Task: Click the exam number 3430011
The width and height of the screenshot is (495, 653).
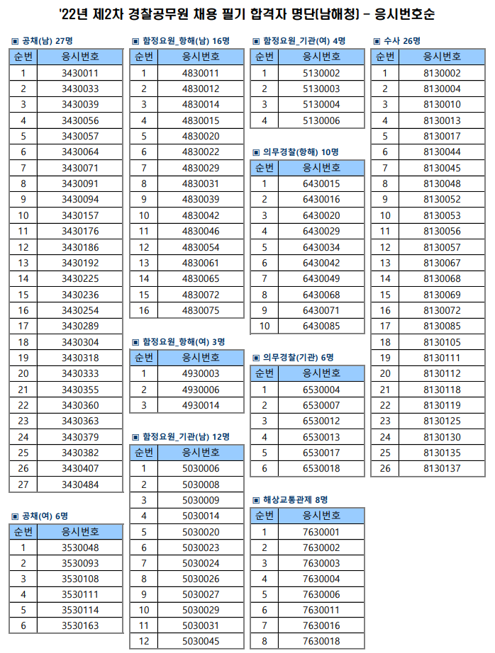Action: (x=79, y=73)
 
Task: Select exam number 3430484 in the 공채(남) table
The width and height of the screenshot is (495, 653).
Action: (x=79, y=484)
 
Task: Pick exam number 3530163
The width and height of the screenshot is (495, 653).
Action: (x=79, y=625)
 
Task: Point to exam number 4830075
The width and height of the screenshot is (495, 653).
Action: (x=201, y=310)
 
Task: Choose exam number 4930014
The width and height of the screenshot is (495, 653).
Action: (x=201, y=405)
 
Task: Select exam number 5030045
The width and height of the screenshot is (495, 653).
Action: (x=201, y=642)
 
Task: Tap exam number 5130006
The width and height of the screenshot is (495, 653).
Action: (x=321, y=120)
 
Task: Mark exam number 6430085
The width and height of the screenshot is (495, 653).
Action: (x=321, y=326)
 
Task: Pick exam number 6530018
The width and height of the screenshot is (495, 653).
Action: (x=321, y=468)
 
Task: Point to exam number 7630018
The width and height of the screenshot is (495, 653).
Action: (x=321, y=642)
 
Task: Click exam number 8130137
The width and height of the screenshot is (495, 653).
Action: (x=442, y=468)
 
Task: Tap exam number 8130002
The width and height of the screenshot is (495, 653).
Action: (x=442, y=73)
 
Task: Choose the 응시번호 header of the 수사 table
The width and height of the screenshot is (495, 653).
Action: (x=442, y=57)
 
